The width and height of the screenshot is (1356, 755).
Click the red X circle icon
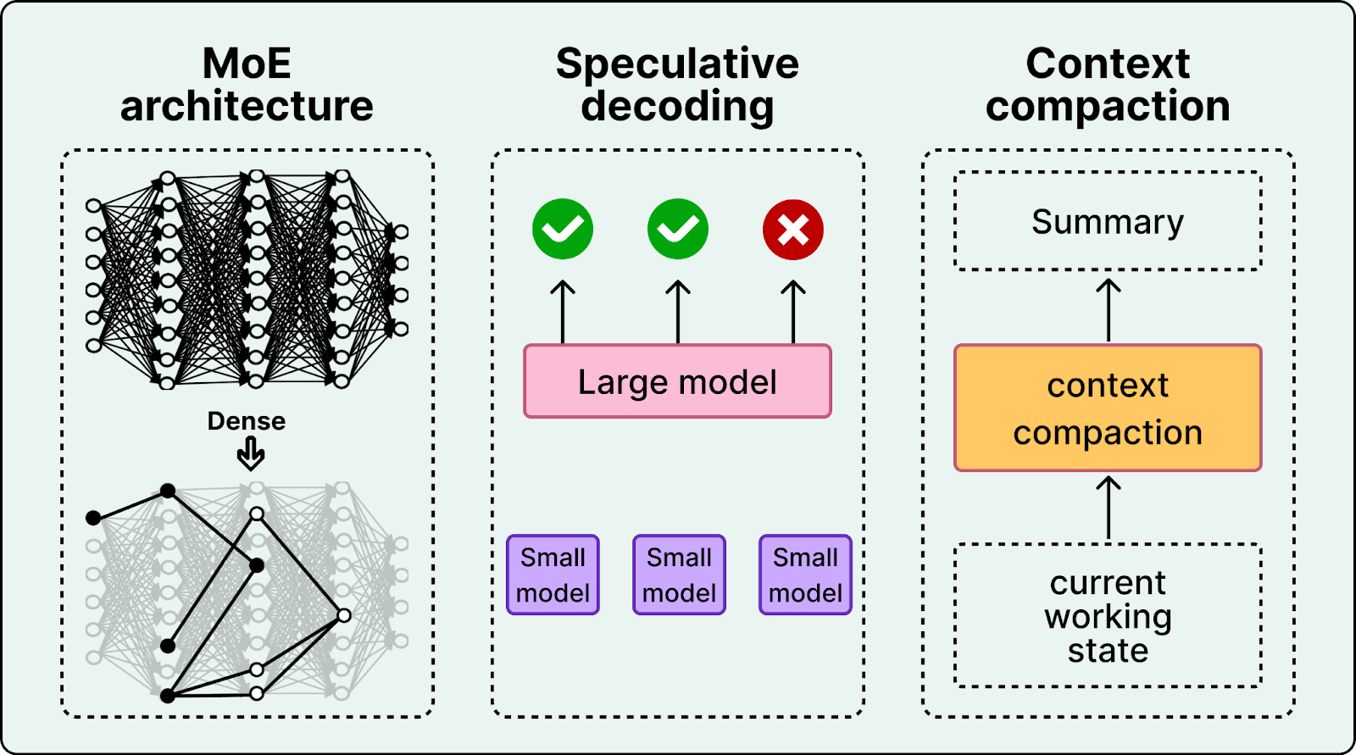tap(793, 230)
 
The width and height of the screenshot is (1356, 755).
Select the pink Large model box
tap(677, 381)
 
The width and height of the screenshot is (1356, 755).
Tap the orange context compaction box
tap(1108, 408)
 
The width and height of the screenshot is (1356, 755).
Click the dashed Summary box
tap(1108, 221)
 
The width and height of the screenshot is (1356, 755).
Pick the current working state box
tap(1108, 616)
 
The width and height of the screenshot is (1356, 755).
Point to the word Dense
tap(247, 421)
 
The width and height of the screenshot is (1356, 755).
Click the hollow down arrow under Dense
tap(251, 455)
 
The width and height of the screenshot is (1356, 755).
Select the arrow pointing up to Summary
tap(1109, 310)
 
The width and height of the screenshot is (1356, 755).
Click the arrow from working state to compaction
tap(1109, 508)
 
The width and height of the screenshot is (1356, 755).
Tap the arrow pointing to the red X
tap(793, 312)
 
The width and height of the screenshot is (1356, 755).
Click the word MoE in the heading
tap(247, 64)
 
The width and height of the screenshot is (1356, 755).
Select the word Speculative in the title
tap(677, 64)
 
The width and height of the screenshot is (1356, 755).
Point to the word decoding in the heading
tap(677, 106)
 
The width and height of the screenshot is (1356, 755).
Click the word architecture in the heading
tap(247, 106)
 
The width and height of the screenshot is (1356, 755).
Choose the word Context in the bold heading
tap(1108, 64)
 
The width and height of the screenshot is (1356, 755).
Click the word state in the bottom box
tap(1108, 651)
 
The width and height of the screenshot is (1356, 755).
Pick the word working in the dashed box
tap(1108, 618)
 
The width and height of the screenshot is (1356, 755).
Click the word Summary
tap(1108, 222)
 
